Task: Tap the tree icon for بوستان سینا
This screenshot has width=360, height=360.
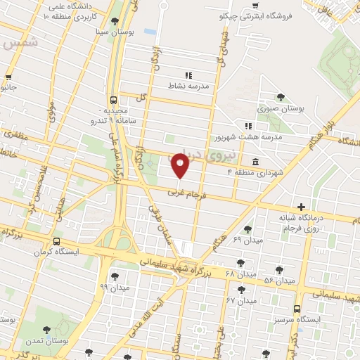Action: tap(115, 20)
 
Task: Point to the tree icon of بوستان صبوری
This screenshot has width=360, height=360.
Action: tap(281, 97)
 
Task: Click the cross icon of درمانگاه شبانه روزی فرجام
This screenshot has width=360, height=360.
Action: tap(302, 207)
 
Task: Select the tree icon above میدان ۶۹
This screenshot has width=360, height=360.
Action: tap(247, 229)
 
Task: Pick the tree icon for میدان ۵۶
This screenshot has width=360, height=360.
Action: tap(279, 270)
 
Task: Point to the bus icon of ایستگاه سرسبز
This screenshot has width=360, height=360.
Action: tap(297, 308)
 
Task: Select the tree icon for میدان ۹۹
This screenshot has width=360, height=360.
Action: tap(115, 276)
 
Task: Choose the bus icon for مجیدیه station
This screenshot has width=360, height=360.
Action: tap(113, 100)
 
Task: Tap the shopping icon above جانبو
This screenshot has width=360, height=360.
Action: tap(9, 77)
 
